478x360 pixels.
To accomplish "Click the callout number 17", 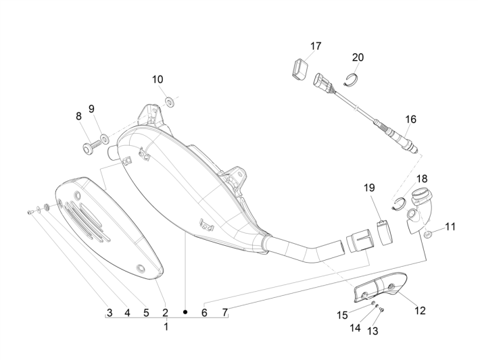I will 316,46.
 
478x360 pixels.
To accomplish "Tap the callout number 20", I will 358,57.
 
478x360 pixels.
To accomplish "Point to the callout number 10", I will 158,79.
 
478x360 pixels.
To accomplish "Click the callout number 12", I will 420,311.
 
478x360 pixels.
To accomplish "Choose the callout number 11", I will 450,227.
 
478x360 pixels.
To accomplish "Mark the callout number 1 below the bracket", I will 166,326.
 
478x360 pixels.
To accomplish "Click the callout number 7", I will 225,313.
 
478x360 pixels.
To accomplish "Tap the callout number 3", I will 109,313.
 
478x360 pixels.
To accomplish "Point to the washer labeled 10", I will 169,102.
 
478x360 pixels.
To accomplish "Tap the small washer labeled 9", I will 104,139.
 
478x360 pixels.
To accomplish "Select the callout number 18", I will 421,178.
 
